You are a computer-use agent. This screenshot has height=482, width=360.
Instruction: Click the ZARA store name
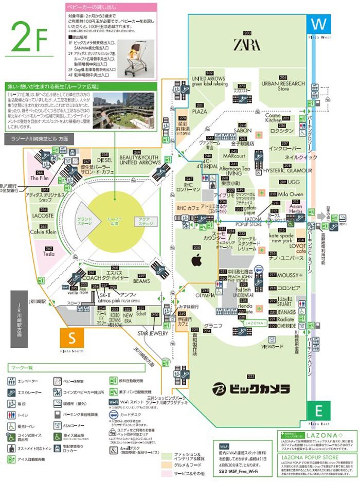247,45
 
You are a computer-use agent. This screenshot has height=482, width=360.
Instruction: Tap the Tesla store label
49,254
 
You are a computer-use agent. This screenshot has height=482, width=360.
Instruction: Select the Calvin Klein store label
45,231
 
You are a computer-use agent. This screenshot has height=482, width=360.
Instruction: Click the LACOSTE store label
44,216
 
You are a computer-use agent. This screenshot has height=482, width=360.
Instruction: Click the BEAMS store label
141,281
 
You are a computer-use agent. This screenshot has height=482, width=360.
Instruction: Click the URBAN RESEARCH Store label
283,86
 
